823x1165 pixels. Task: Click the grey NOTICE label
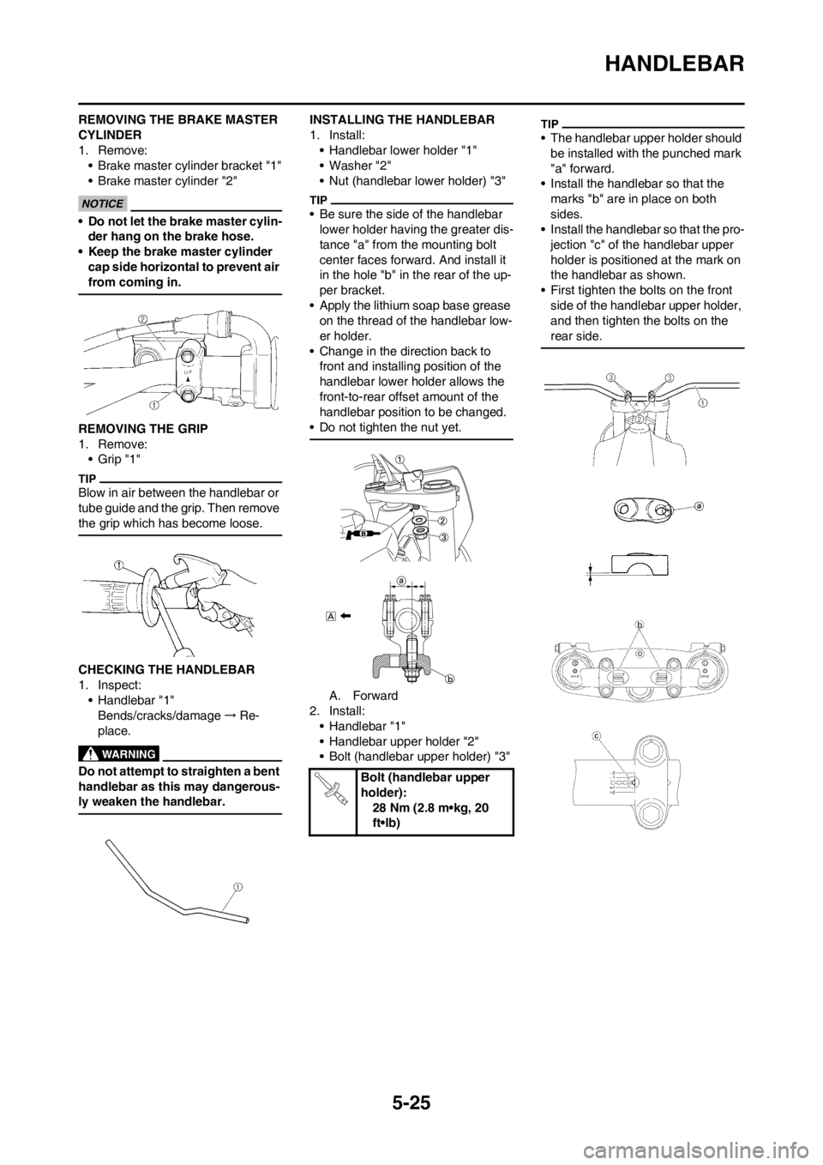pyautogui.click(x=102, y=203)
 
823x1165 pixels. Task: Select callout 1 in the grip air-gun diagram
pyautogui.click(x=120, y=564)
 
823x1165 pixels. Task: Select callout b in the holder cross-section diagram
pyautogui.click(x=448, y=677)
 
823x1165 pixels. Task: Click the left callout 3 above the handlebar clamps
pyautogui.click(x=610, y=377)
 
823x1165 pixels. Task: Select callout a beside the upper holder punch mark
pyautogui.click(x=699, y=507)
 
